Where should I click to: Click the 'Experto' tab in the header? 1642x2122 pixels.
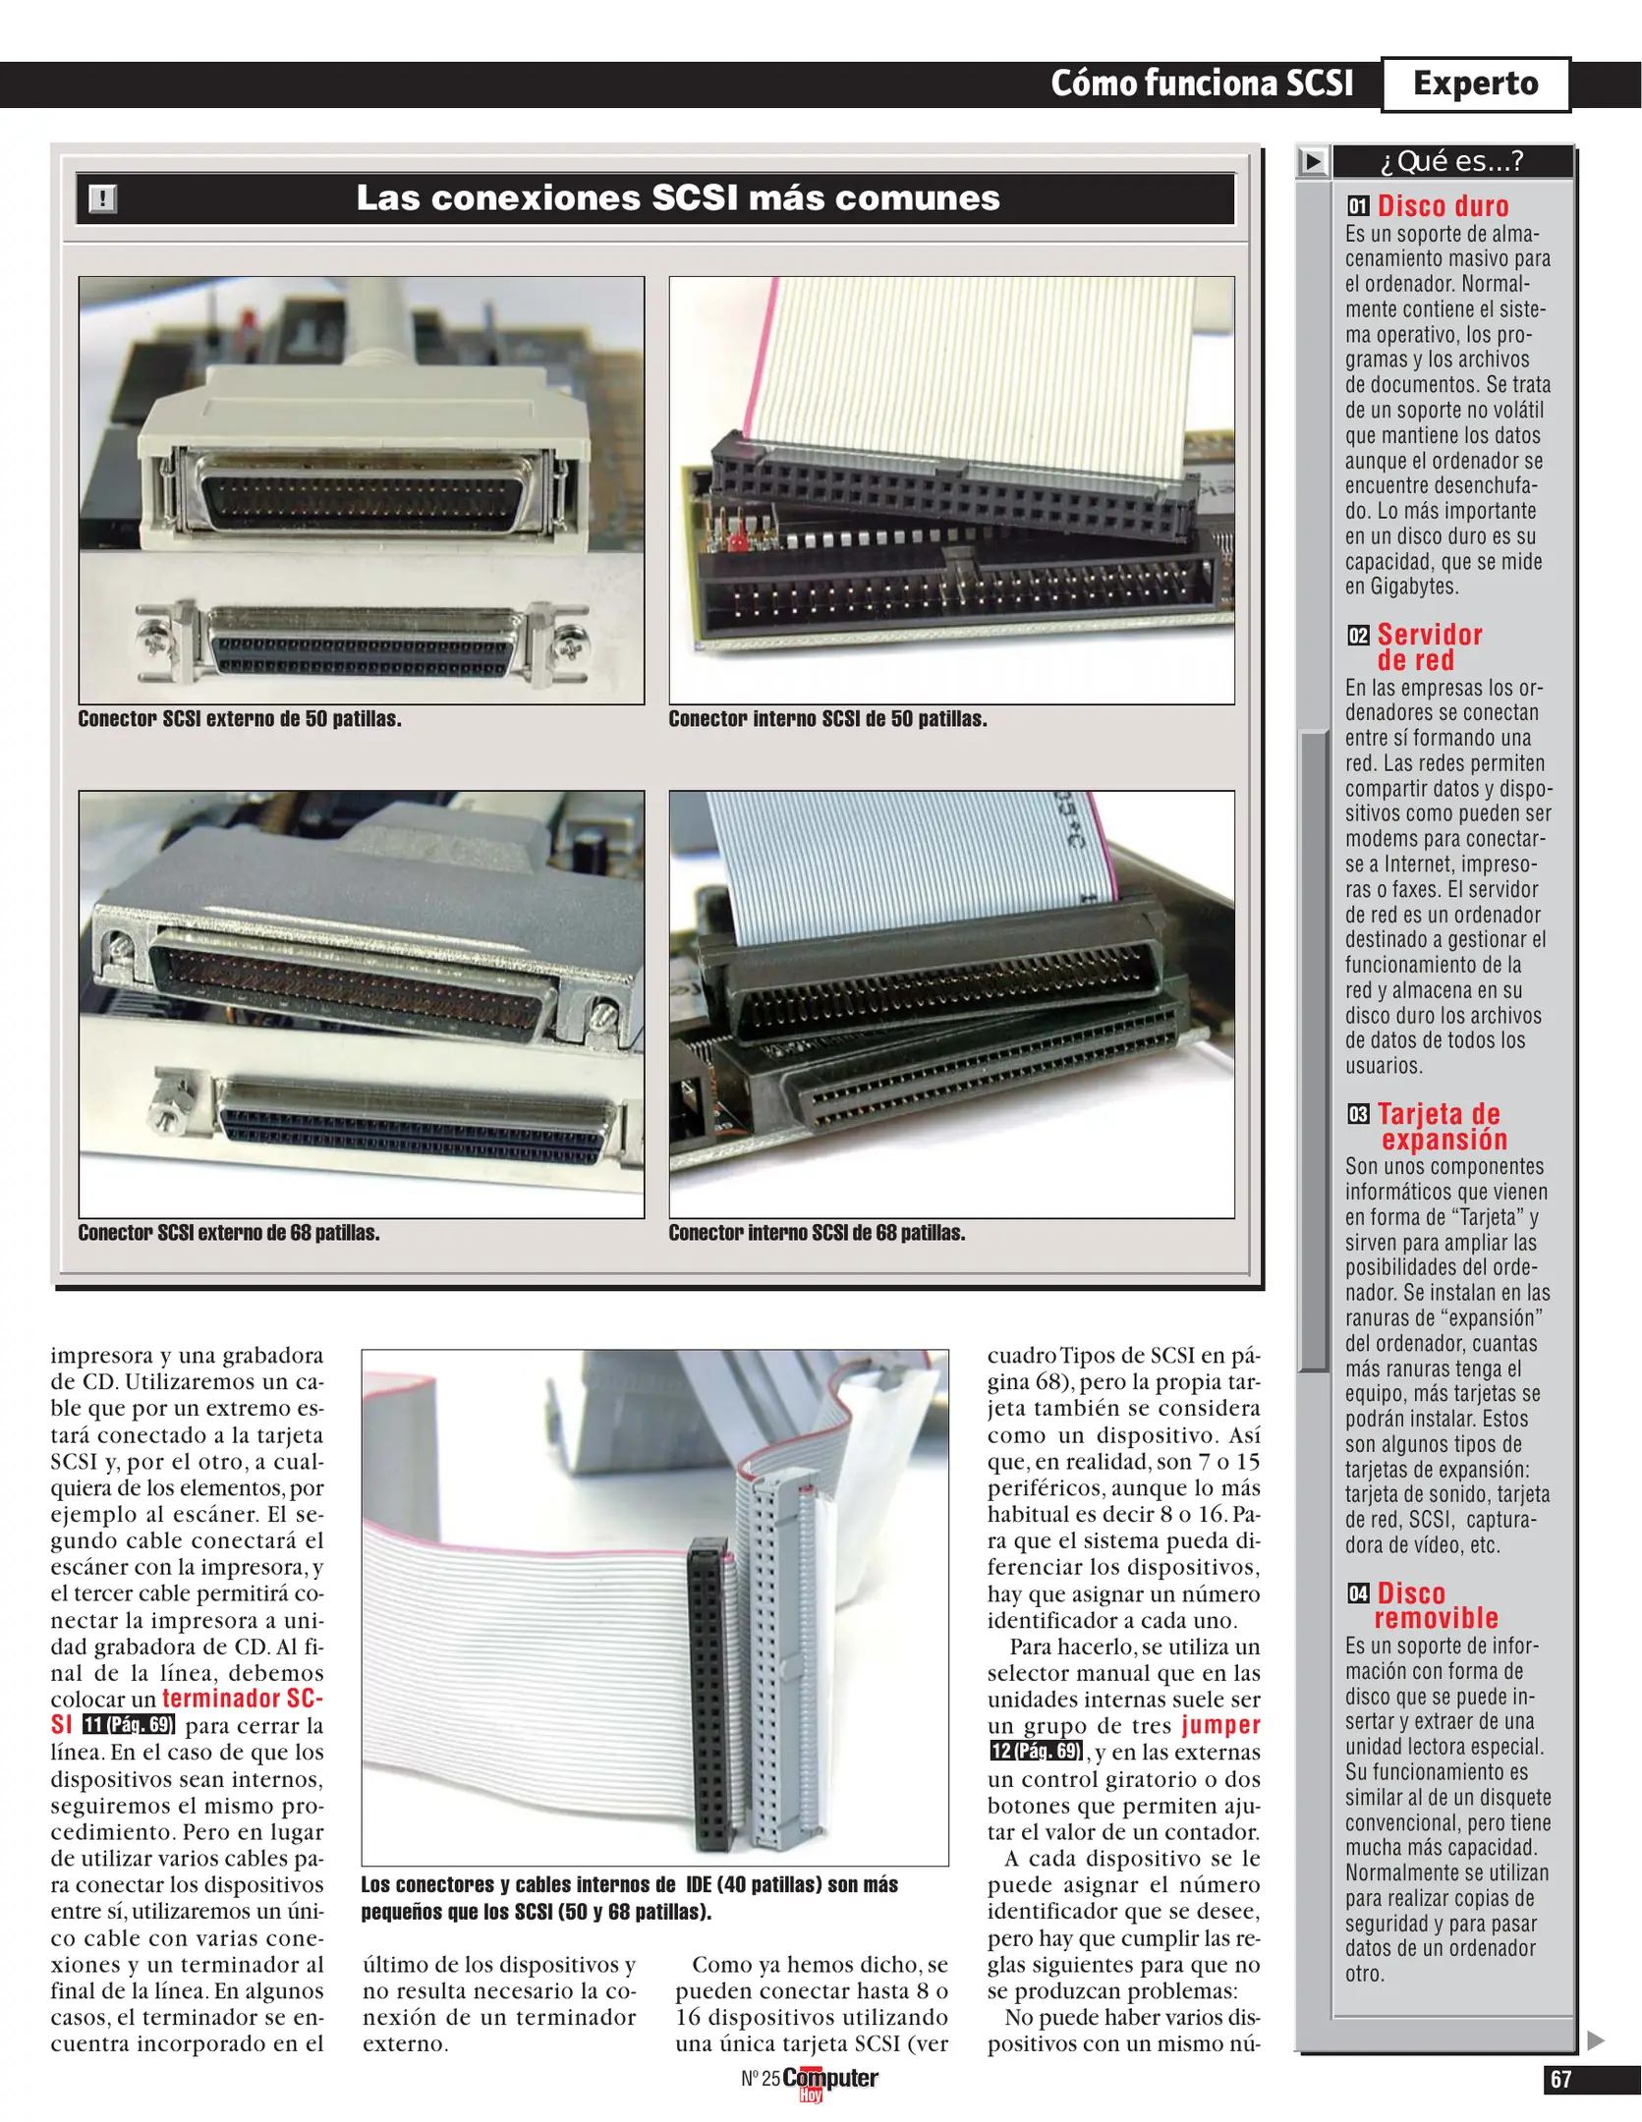[x=1475, y=84]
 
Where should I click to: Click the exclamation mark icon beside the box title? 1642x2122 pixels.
[x=102, y=198]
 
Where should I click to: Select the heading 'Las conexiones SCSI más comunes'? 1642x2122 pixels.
[x=678, y=198]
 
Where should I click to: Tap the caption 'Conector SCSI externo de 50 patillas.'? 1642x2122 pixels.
[x=240, y=719]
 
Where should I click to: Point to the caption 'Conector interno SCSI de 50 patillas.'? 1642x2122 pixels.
[x=827, y=719]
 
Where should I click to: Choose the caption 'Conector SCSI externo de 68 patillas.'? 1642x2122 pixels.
[x=229, y=1233]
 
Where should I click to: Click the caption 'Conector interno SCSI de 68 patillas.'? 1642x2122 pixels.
[x=817, y=1233]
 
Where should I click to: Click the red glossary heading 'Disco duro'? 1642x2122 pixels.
[x=1443, y=206]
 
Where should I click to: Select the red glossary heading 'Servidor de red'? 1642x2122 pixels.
[x=1430, y=647]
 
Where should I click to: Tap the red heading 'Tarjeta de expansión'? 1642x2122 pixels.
[x=1441, y=1127]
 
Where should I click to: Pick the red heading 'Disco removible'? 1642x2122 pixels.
[x=1436, y=1606]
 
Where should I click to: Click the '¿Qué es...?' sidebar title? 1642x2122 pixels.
[x=1451, y=161]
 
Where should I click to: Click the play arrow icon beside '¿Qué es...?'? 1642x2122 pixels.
[x=1313, y=161]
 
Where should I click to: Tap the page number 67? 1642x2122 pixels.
[x=1560, y=2080]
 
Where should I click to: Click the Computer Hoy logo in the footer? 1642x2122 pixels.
[x=829, y=2082]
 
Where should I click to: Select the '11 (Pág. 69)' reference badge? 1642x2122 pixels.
[x=129, y=1725]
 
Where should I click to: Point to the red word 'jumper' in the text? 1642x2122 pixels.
[x=1220, y=1725]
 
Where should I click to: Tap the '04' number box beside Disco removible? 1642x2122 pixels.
[x=1358, y=1593]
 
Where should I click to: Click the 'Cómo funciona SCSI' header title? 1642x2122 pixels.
[x=1202, y=84]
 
